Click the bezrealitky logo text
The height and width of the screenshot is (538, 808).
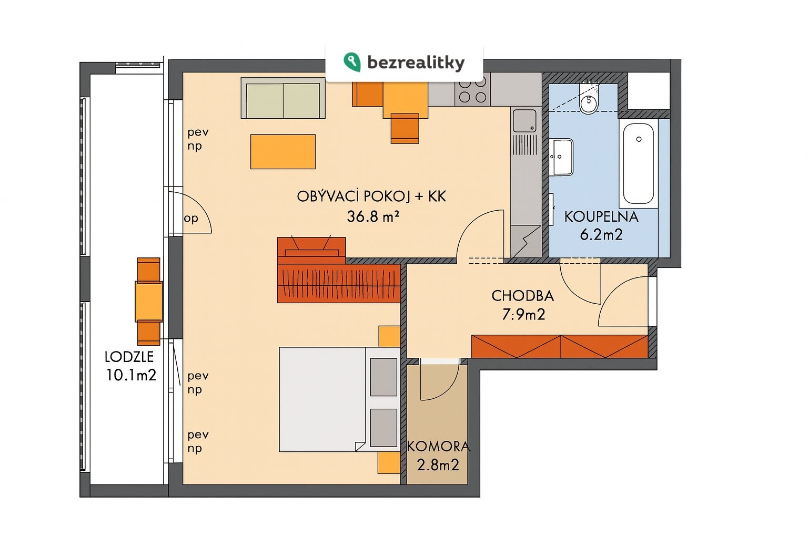[x=416, y=63]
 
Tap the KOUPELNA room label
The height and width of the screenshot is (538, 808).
[x=601, y=217]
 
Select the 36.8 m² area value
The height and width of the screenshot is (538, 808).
[x=373, y=216]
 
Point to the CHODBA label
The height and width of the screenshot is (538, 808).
[x=523, y=296]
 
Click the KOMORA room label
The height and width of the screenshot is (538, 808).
[x=439, y=447]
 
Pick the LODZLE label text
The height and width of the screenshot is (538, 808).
[x=129, y=357]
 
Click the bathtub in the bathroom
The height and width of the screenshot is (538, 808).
[x=639, y=163]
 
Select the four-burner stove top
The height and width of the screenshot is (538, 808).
[x=472, y=89]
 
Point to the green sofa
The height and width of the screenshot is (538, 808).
[x=283, y=98]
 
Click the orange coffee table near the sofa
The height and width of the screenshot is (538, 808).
[x=283, y=152]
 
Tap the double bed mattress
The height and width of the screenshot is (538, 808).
[x=322, y=399]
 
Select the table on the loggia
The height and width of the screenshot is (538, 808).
[x=149, y=302]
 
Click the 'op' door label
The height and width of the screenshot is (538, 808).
[x=191, y=219]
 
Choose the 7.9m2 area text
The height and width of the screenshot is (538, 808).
[x=524, y=315]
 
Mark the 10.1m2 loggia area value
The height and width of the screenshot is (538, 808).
[x=131, y=376]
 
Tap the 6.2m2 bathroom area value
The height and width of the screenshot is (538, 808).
[x=601, y=234]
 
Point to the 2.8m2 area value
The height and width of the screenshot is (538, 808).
[x=438, y=465]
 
